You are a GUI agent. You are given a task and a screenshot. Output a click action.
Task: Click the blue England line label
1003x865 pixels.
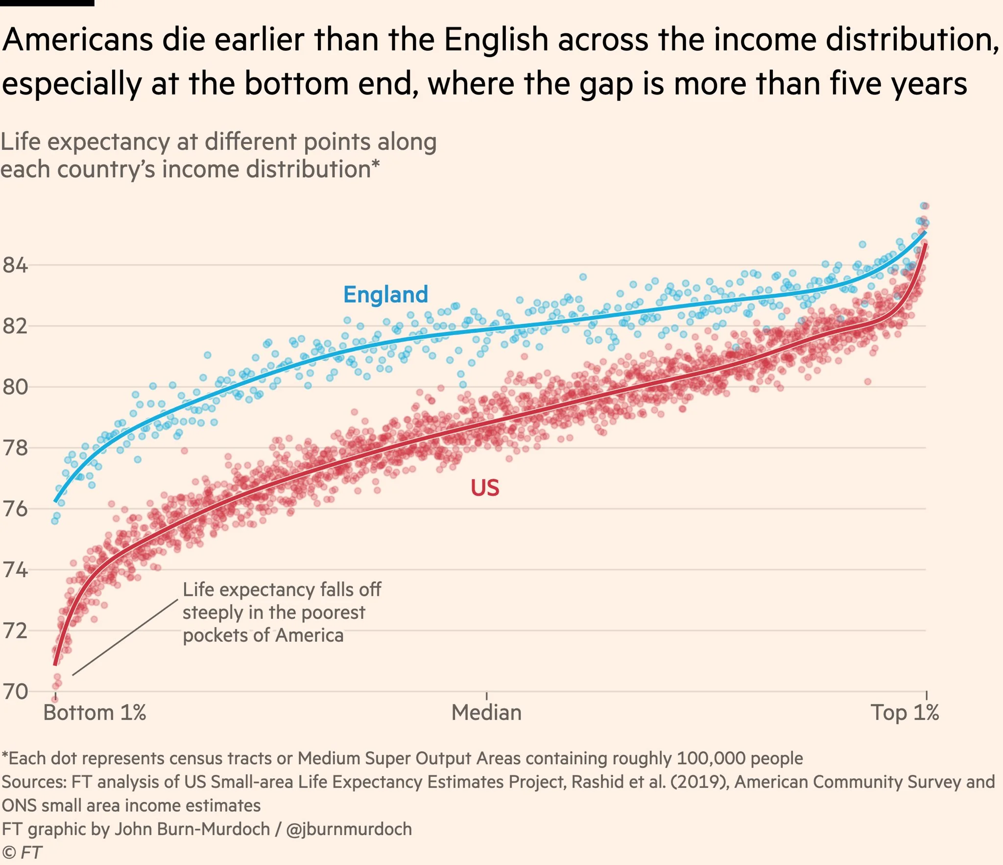click(385, 295)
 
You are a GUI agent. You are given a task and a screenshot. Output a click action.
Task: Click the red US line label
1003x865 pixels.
click(485, 488)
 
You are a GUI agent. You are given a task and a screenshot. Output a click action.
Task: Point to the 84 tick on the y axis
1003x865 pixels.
click(15, 266)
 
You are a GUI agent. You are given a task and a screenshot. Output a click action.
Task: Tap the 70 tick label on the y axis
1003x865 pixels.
click(15, 692)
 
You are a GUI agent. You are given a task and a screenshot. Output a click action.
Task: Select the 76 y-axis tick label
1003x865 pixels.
click(15, 509)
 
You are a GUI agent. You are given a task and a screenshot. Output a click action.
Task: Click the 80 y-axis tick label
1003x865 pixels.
click(15, 387)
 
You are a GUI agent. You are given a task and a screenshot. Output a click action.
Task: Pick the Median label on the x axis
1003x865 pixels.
click(486, 713)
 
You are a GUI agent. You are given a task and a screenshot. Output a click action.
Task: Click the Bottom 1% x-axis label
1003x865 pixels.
click(95, 713)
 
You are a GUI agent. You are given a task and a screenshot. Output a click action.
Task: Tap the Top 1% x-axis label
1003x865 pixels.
click(905, 713)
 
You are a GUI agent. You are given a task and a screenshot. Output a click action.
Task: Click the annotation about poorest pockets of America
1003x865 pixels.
click(281, 612)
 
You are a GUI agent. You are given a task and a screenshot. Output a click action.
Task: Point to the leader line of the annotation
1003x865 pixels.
click(125, 637)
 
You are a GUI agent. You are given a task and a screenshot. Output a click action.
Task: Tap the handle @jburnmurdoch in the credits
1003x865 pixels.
click(349, 829)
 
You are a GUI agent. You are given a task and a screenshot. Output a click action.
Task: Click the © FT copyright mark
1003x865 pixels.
click(22, 852)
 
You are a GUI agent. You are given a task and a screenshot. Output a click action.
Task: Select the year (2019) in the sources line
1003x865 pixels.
click(699, 782)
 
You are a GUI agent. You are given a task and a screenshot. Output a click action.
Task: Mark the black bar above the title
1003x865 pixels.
click(47, 3)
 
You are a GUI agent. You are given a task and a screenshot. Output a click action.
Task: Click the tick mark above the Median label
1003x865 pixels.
click(486, 696)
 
